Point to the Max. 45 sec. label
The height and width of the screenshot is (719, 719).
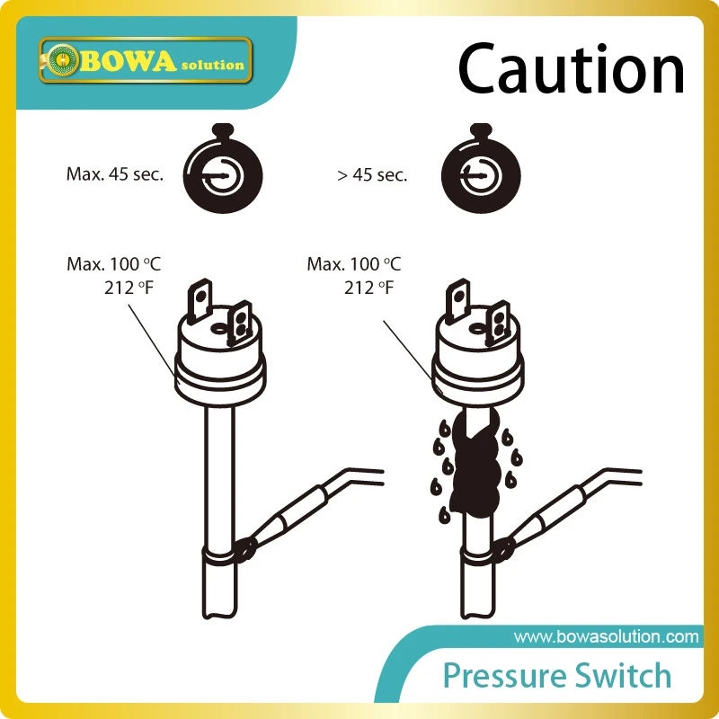coord(115,174)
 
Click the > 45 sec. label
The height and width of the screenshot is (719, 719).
coord(372,175)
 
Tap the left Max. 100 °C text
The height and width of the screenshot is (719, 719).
coord(113,265)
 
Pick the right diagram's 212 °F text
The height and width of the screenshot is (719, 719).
coord(368,288)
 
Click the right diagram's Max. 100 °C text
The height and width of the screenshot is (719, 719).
coord(354,265)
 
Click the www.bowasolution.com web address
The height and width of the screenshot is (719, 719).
coord(606,637)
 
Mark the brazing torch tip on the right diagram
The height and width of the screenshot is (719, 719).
coord(505,546)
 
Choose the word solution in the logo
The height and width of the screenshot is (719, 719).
coord(211,65)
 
